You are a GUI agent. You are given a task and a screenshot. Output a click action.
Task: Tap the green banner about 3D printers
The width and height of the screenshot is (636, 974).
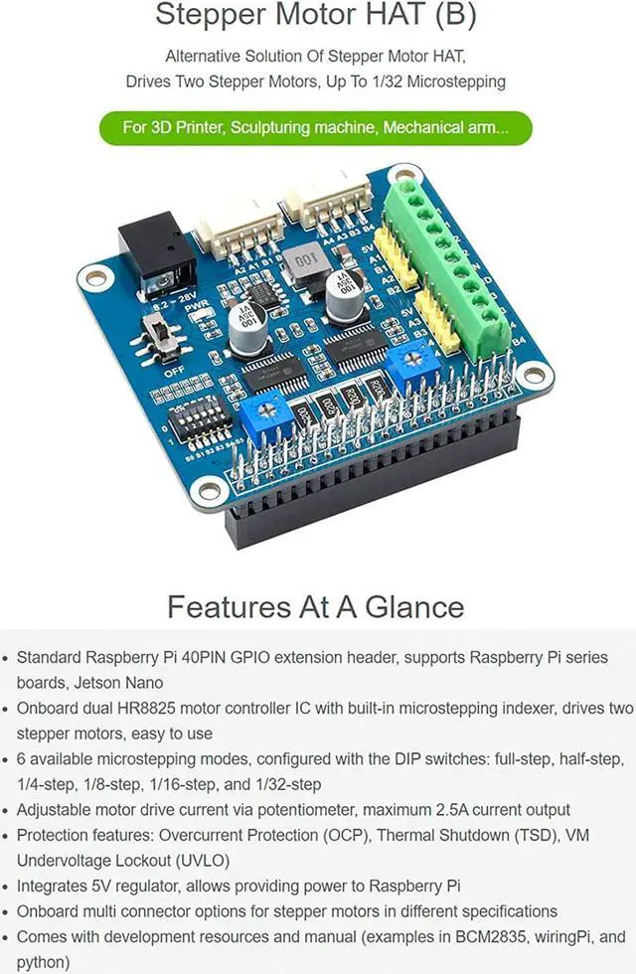(x=316, y=127)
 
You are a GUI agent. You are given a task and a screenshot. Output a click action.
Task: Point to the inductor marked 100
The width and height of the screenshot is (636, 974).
(x=302, y=265)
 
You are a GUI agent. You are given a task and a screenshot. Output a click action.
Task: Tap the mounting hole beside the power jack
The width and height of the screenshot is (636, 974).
(x=96, y=277)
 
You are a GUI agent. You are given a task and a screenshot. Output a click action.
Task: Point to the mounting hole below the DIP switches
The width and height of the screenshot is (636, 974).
(x=211, y=488)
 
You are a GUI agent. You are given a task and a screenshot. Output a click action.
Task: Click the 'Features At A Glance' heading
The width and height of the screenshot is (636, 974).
(x=315, y=606)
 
